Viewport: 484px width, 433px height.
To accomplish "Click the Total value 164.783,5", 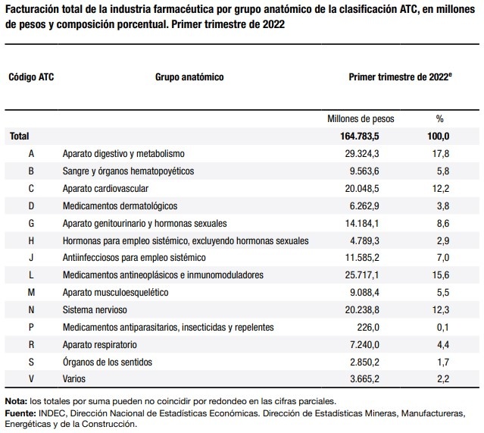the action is pos(360,136).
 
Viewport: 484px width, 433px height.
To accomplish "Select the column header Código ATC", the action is pos(31,77).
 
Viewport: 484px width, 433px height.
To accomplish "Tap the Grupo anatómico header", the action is pos(189,77).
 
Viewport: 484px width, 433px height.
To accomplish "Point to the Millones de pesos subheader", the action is pos(361,119).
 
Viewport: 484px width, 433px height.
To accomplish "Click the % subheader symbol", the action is pos(440,119).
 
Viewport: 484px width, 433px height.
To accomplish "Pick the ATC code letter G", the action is pos(31,224).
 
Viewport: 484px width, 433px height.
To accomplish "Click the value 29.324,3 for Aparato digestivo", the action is pos(362,154).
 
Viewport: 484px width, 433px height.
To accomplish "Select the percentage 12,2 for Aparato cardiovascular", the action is pos(441,189).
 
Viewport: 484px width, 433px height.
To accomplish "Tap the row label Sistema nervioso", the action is pos(95,309).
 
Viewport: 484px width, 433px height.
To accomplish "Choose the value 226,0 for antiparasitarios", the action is pos(368,328).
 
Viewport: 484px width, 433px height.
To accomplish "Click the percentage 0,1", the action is pos(443,328).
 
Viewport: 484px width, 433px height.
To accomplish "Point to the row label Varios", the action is pos(74,379).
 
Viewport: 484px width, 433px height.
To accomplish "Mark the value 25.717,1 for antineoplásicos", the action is pos(362,275).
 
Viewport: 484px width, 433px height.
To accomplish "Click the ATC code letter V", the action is pos(31,379).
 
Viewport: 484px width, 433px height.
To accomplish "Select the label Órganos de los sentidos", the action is pos(108,362).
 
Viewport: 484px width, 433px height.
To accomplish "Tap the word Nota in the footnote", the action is pos(16,401).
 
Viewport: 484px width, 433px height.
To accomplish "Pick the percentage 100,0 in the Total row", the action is pos(439,136).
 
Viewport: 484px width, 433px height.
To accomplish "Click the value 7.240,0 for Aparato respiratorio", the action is pos(364,344).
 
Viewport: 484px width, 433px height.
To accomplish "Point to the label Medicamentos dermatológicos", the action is pos(120,206).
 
